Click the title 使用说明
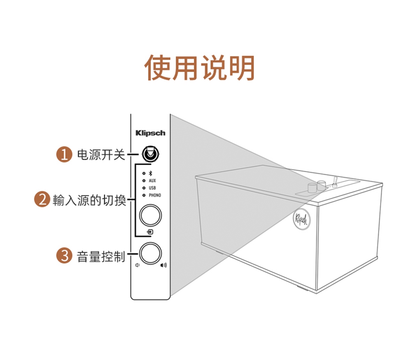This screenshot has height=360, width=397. [199, 67]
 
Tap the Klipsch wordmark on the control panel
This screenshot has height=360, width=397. [150, 133]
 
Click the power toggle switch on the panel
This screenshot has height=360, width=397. [150, 154]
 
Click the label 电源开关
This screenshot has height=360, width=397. [101, 155]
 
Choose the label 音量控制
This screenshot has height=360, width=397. [101, 256]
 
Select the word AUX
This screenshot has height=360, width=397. [152, 181]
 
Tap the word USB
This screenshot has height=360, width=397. [152, 188]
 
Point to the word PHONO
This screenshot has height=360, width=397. [155, 195]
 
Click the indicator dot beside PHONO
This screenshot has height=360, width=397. [143, 195]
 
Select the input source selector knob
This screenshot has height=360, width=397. [150, 215]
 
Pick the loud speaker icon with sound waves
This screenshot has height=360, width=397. [163, 265]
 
